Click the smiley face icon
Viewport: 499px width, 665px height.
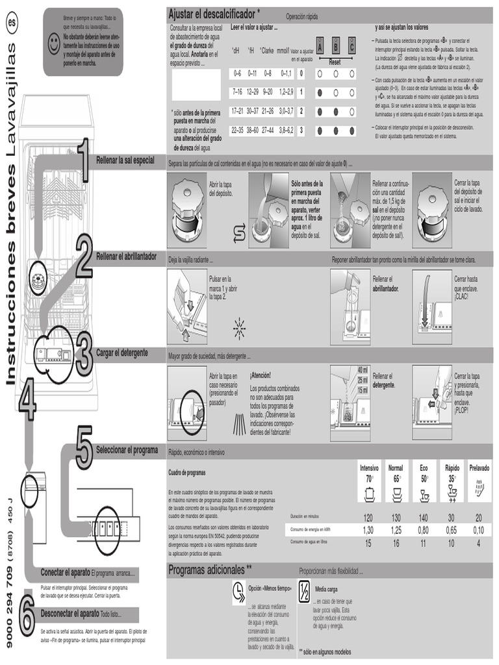tap(54, 42)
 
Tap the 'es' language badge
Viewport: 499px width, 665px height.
tap(11, 23)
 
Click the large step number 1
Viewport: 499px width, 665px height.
tap(83, 160)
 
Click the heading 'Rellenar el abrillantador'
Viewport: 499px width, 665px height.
tap(127, 257)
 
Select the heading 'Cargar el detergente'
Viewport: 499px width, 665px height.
tap(122, 353)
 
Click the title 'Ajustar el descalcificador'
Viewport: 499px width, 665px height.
tap(214, 14)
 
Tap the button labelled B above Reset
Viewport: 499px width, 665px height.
tap(336, 45)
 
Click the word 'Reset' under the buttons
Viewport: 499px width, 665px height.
tap(335, 62)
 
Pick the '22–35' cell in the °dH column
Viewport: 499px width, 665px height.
tap(237, 130)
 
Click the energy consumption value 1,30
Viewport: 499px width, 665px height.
tap(368, 530)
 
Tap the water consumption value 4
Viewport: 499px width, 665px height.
tap(479, 542)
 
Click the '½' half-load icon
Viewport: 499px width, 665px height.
tap(304, 592)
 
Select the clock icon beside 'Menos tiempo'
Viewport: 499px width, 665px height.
tap(238, 592)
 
